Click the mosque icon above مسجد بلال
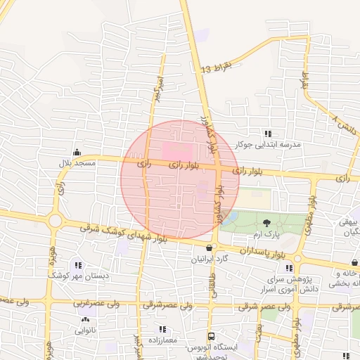(x=77, y=152)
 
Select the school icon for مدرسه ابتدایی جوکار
(x=267, y=134)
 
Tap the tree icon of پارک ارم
(x=266, y=222)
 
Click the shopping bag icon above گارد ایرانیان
(x=209, y=247)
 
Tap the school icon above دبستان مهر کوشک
(x=77, y=265)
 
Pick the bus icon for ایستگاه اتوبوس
(x=212, y=336)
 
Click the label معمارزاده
(x=162, y=340)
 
